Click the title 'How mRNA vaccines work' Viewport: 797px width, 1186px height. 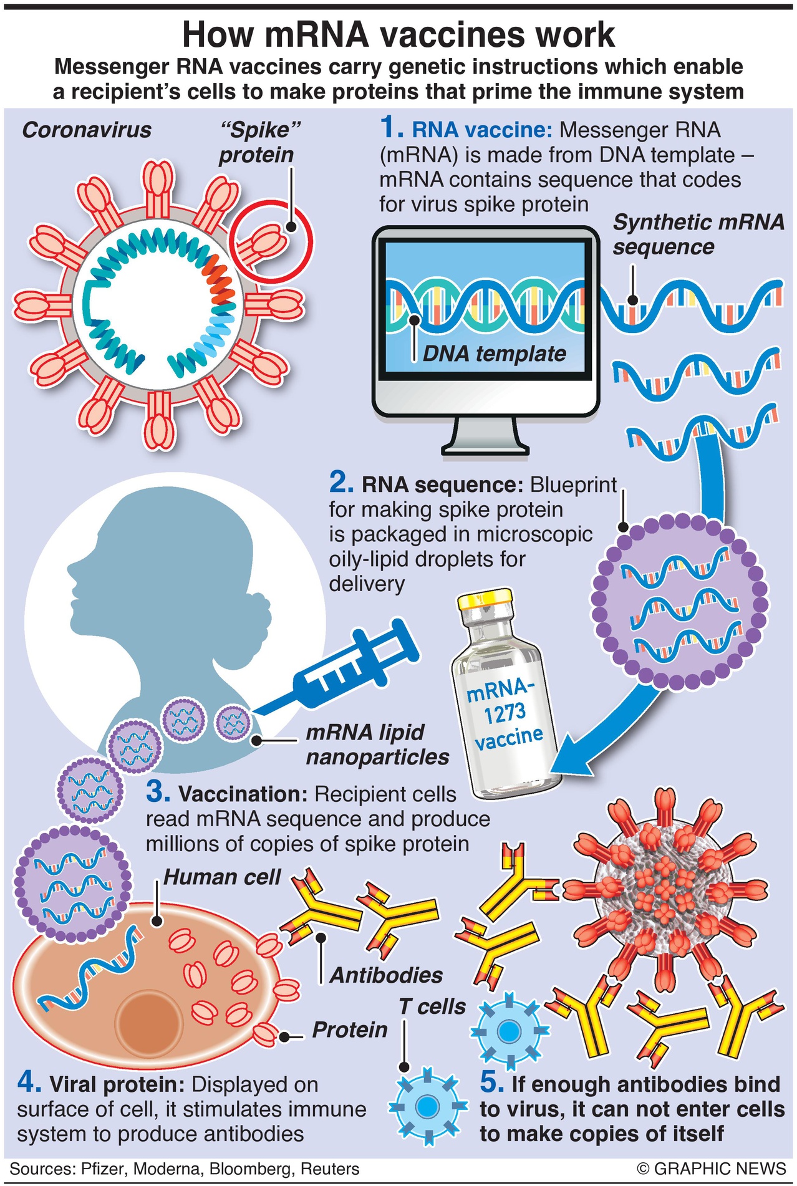[398, 35]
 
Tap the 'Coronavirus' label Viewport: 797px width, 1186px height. [87, 130]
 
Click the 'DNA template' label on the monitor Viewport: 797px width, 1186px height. [494, 354]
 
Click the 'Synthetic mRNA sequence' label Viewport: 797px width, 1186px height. [698, 234]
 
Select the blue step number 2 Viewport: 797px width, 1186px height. [341, 483]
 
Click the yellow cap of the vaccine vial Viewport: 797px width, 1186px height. [485, 600]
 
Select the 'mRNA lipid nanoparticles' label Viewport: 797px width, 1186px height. [377, 745]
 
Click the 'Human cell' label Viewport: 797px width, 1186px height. [222, 877]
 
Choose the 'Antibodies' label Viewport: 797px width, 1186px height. [386, 975]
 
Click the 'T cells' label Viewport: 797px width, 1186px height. [432, 1006]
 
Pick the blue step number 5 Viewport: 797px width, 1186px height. [491, 1083]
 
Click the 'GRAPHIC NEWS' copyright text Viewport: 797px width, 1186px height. [712, 1169]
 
